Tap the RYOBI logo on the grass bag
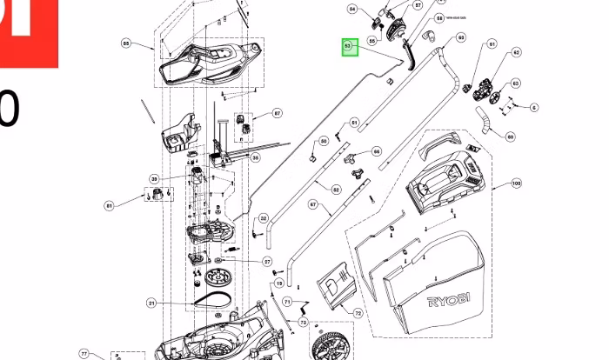449,301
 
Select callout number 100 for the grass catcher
516,183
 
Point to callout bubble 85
126,43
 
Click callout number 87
278,114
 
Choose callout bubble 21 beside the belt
151,303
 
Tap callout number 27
268,261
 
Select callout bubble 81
109,206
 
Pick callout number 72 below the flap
358,312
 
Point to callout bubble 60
510,137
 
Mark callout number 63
515,83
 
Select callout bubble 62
516,53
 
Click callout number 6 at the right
533,108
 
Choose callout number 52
337,189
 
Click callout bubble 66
377,151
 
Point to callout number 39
154,178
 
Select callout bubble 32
264,218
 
